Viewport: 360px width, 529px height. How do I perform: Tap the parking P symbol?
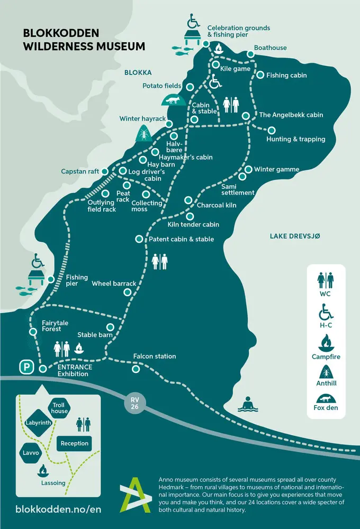click(25, 366)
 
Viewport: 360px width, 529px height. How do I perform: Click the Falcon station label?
click(155, 357)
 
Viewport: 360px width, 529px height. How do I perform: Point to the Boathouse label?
click(270, 48)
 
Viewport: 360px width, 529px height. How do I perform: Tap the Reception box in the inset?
click(74, 443)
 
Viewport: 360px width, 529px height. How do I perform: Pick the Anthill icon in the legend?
click(326, 372)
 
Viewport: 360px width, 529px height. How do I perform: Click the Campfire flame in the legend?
click(326, 342)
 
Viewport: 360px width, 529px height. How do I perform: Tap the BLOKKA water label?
click(138, 72)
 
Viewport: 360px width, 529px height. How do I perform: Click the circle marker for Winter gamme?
click(248, 169)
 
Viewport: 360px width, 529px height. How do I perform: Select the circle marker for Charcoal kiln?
click(188, 200)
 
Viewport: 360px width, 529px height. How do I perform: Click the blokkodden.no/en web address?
click(58, 509)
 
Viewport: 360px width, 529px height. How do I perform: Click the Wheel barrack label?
click(114, 284)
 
